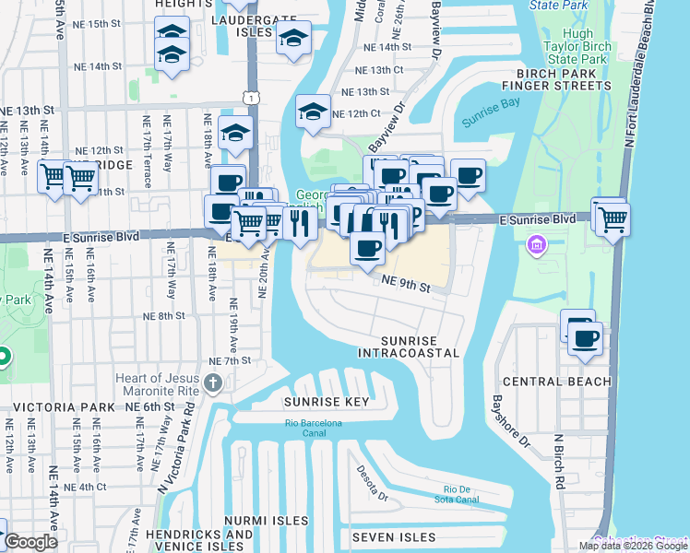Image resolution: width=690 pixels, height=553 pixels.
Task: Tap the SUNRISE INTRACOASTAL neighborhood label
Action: coord(408,347)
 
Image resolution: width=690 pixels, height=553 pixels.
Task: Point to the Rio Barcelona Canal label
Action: coord(314,428)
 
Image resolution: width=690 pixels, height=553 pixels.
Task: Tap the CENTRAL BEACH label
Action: coord(556,382)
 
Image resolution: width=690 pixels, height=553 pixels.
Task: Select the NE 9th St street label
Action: coord(407,287)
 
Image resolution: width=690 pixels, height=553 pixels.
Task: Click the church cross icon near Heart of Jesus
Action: coord(213,383)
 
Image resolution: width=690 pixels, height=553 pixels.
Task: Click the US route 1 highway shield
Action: coord(251,96)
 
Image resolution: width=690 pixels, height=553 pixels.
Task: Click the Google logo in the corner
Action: coord(30,542)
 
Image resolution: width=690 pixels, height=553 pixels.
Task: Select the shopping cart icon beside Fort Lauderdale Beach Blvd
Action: coord(612,219)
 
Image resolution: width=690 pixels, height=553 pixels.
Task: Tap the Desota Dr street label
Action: coord(374,485)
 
